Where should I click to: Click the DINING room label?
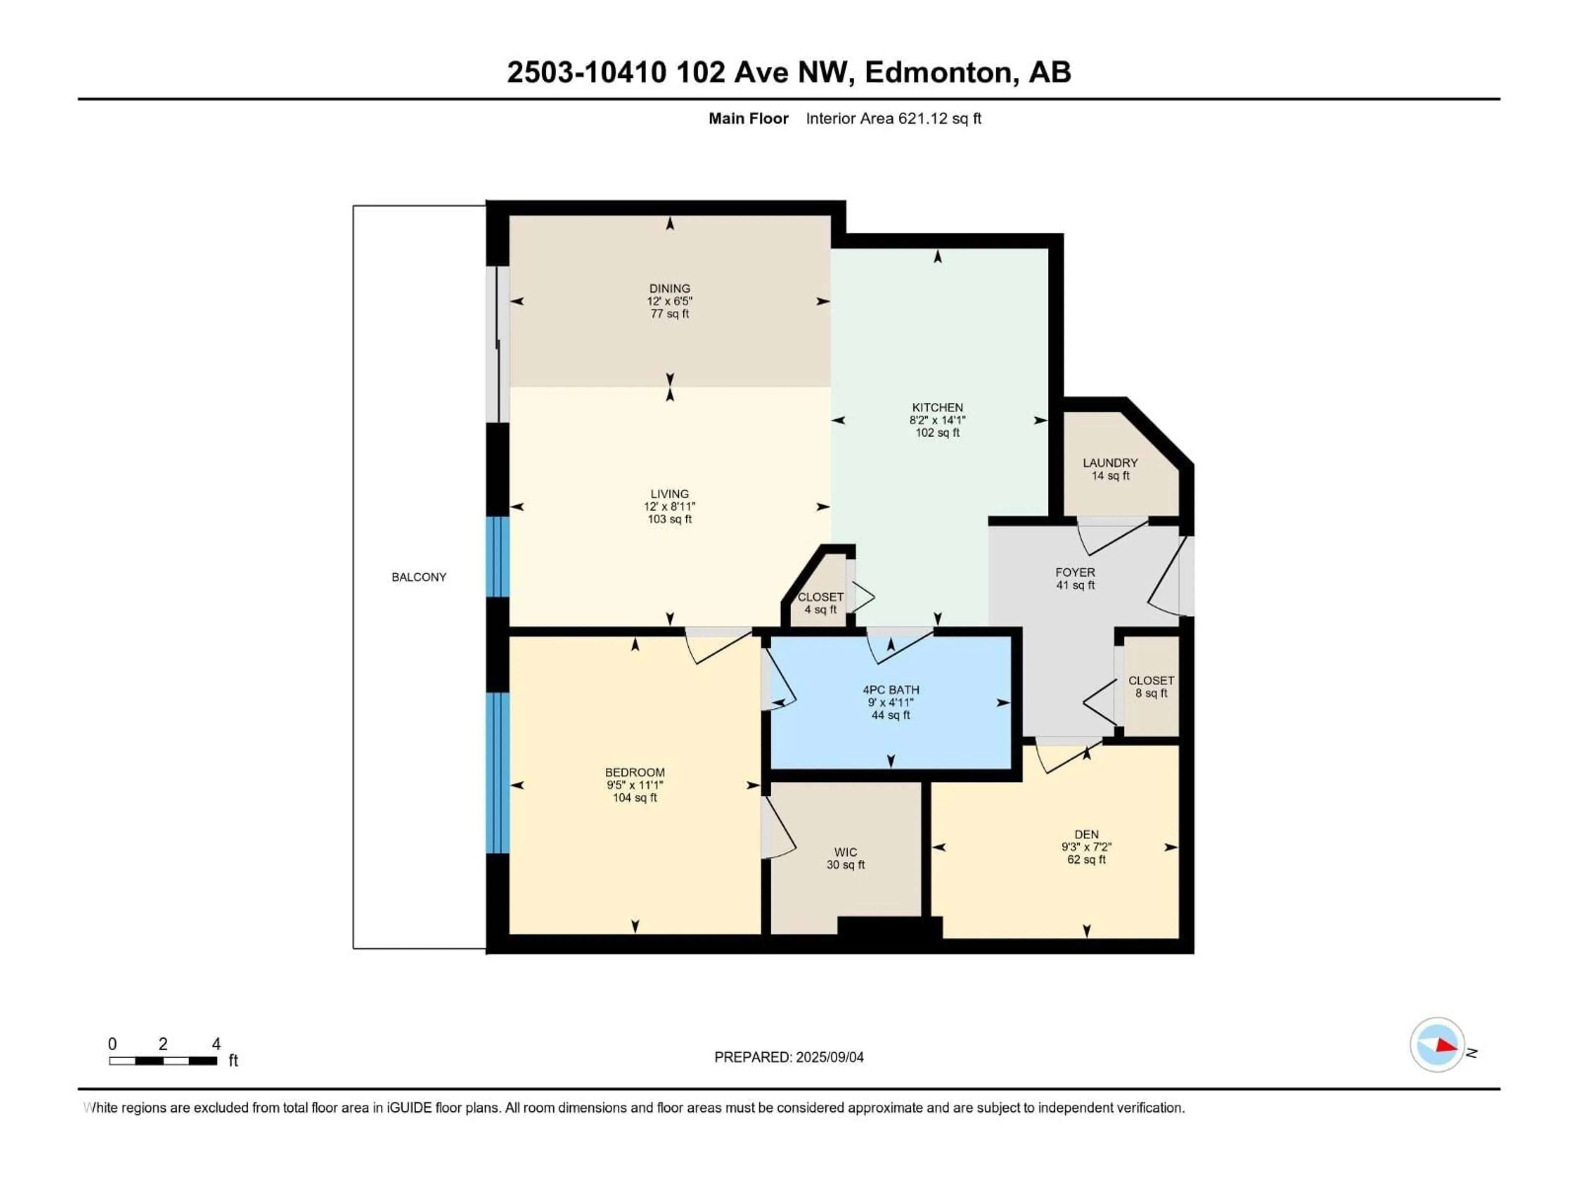669,288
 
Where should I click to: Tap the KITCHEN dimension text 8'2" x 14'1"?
937,420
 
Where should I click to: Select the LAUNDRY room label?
1109,463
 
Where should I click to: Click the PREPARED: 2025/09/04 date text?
788,1057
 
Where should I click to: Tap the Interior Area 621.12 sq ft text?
893,118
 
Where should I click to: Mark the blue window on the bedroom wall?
498,772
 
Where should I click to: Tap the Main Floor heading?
748,118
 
